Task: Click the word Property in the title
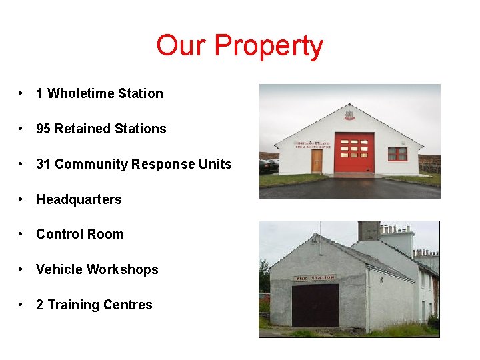269,46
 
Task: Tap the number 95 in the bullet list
43,129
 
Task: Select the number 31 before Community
43,164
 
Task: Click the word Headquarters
79,199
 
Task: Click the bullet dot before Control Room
22,235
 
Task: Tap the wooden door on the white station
317,161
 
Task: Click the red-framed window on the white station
397,153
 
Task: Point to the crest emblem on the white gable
349,115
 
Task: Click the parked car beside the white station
268,165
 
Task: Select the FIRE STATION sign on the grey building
313,279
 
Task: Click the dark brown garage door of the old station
315,305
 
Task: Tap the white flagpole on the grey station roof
320,237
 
